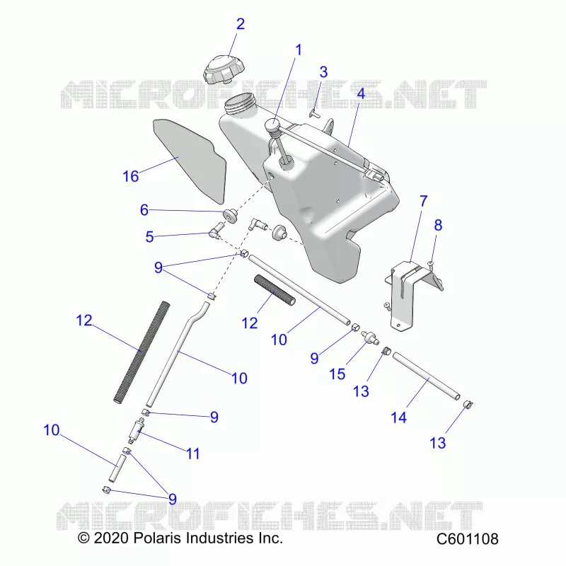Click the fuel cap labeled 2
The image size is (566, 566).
coord(224,69)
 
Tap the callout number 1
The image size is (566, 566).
coord(298,50)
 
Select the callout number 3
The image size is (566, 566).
coord(323,72)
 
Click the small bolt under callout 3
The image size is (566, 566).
coord(313,114)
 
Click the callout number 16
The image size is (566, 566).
coord(131,176)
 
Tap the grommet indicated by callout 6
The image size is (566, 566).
coord(230,216)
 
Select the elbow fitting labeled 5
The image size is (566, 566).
coord(217,231)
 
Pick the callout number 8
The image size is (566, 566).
coord(438,225)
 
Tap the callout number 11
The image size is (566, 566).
coord(192,454)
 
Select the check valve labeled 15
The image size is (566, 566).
coord(370,337)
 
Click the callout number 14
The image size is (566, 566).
coord(398,417)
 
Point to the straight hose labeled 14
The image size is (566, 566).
coord(426,376)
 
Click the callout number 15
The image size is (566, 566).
coord(337,374)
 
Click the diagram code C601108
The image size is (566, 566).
coord(468,539)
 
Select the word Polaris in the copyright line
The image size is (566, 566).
coord(157,538)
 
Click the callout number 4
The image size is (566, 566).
coord(361,94)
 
